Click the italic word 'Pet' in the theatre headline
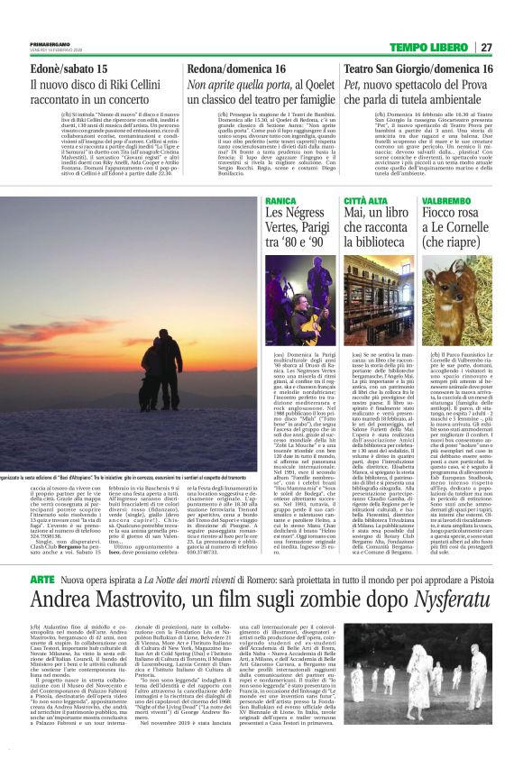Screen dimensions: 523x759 coord(354,84)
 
